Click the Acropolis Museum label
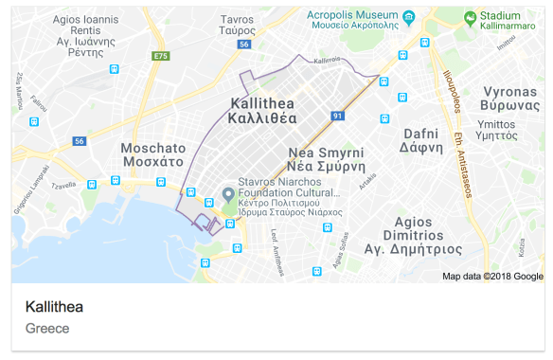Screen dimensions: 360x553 coord(352,16)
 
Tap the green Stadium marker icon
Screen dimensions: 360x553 coord(470,16)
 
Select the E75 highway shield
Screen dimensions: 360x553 coord(160,58)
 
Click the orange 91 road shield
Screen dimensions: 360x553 coord(337,116)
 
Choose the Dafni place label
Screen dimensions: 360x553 coord(423,140)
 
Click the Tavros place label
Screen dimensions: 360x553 coord(237,24)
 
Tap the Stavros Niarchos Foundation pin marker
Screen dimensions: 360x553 coord(228,194)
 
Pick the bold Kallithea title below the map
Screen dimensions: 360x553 coord(54,307)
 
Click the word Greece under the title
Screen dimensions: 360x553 coord(47,329)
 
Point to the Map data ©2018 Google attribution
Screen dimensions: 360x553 coord(492,277)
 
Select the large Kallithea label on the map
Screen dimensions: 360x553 coord(263,110)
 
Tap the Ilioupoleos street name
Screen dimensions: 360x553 coord(453,95)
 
